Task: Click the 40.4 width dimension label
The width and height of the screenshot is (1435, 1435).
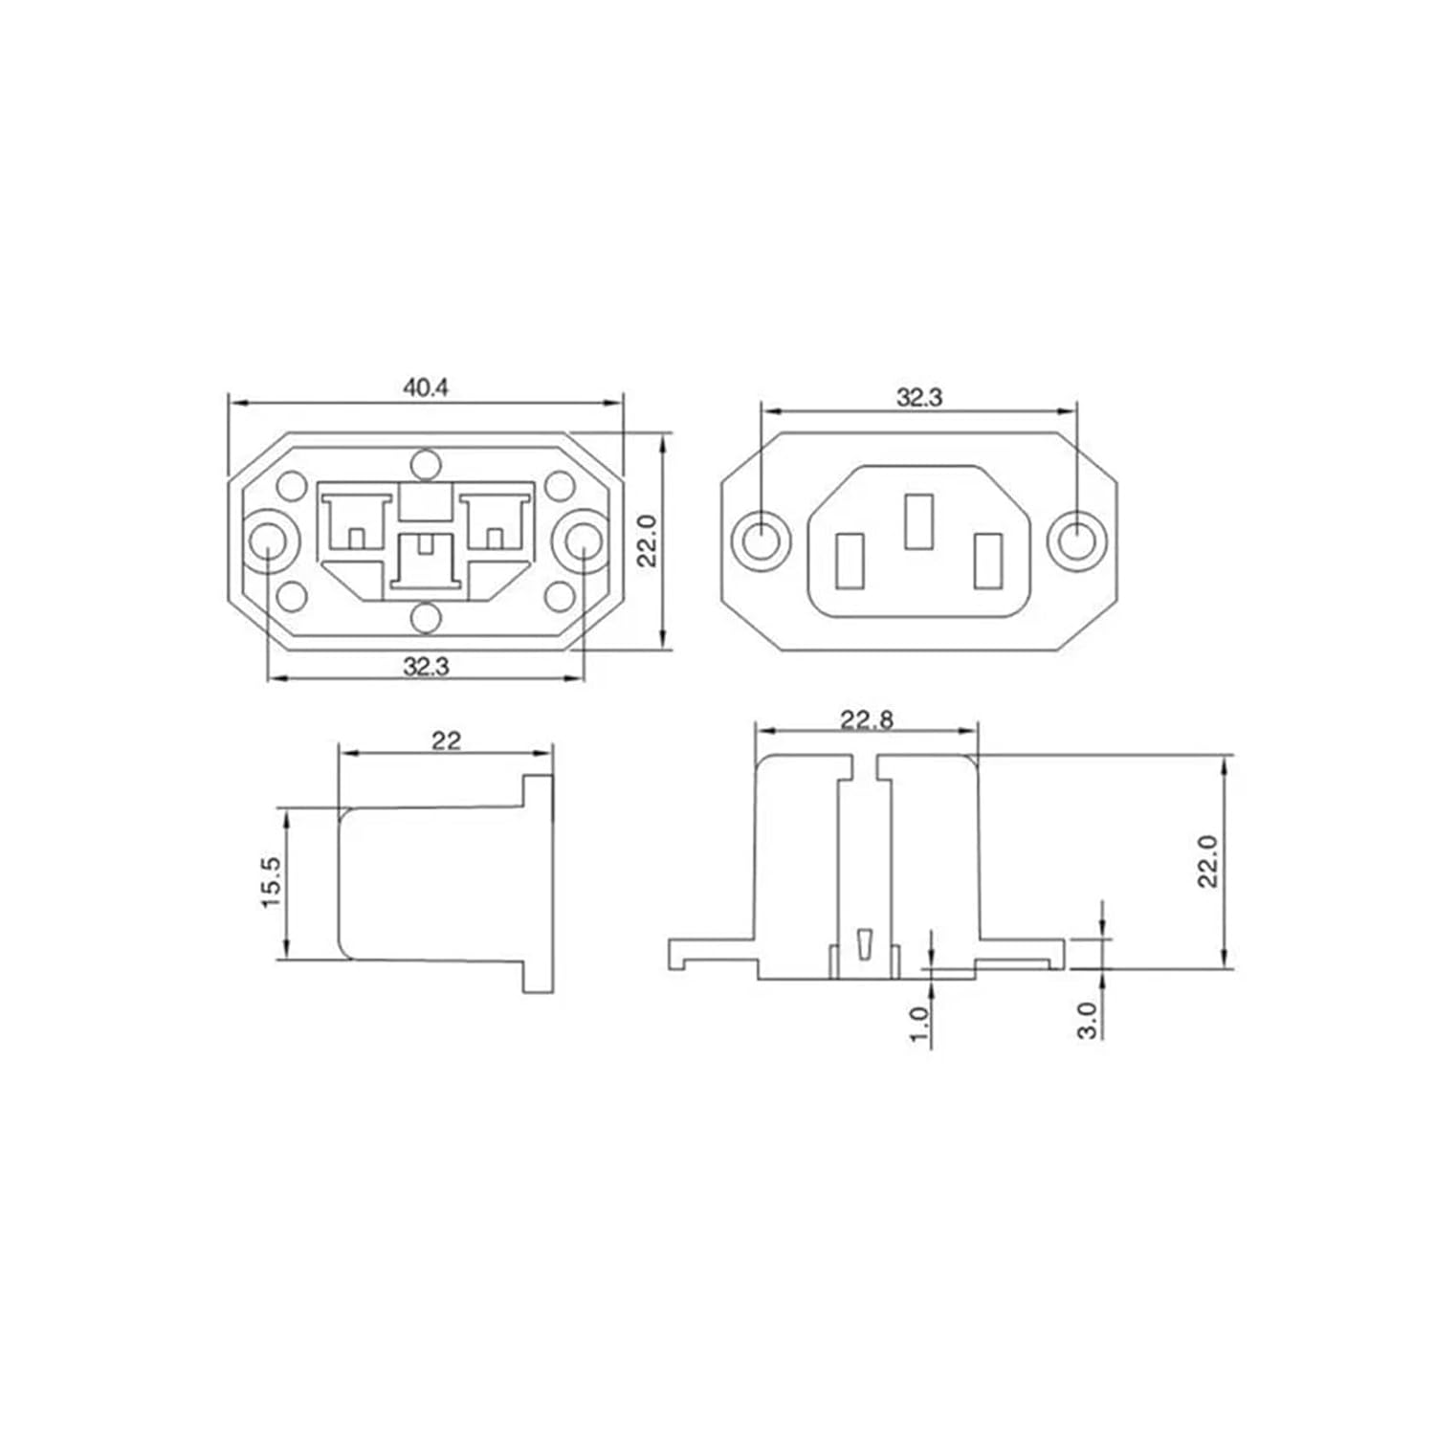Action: point(426,387)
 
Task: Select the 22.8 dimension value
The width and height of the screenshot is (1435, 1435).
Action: point(867,719)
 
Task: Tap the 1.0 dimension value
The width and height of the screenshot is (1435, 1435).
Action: point(919,1024)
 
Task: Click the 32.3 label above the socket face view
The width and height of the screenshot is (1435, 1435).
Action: point(918,398)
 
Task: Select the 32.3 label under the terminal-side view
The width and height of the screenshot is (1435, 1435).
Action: point(426,666)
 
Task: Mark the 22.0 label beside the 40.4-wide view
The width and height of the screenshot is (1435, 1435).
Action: point(649,541)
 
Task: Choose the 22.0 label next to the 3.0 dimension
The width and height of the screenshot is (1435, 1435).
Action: point(1208,861)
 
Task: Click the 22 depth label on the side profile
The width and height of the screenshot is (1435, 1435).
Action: point(446,740)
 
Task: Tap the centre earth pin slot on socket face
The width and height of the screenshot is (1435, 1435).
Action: point(917,521)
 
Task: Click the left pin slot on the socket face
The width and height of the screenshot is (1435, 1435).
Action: point(850,562)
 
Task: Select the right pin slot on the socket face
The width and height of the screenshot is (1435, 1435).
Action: point(986,562)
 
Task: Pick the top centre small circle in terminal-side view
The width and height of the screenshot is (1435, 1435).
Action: point(425,465)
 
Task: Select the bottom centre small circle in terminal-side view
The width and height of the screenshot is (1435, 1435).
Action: point(425,619)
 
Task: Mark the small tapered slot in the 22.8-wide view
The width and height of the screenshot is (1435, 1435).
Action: point(866,943)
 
